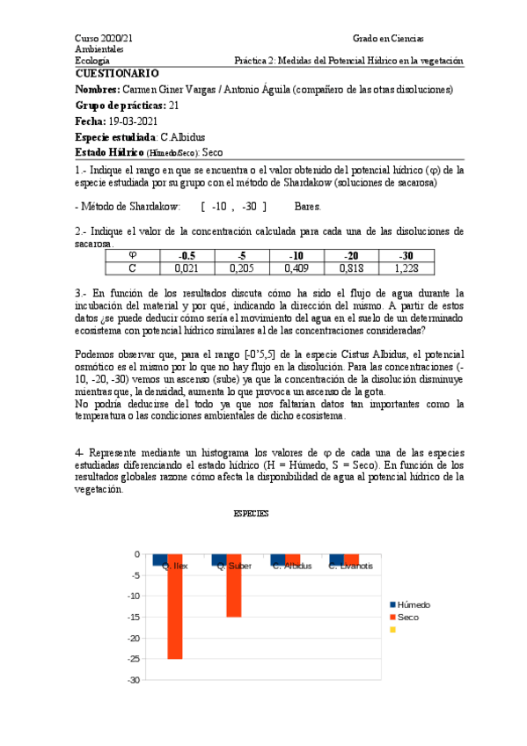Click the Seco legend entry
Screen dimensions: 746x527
pos(407,617)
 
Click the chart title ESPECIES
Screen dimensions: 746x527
pos(250,512)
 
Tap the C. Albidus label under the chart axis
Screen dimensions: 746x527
pos(292,566)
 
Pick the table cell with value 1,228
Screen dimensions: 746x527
pos(406,269)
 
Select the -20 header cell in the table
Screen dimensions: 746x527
pos(349,256)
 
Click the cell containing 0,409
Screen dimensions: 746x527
pos(295,269)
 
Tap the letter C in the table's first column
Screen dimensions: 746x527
pos(132,269)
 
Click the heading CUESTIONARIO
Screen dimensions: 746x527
pos(117,74)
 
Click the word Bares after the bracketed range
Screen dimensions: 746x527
pos(308,207)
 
